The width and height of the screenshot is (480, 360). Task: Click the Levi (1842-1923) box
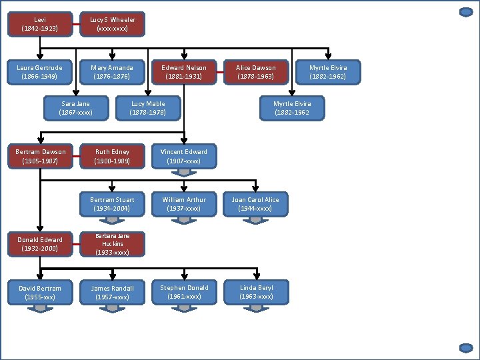(x=40, y=25)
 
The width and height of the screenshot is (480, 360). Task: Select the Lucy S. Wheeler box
(x=112, y=25)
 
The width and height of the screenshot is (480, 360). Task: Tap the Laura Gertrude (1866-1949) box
(x=40, y=73)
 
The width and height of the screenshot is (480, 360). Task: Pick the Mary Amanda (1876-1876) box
(x=112, y=73)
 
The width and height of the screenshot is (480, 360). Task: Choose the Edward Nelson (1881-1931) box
(x=184, y=73)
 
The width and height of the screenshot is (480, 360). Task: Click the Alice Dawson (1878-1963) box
(x=256, y=73)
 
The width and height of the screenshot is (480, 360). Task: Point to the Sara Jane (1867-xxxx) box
(x=76, y=109)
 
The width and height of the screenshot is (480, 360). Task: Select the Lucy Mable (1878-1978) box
(x=148, y=109)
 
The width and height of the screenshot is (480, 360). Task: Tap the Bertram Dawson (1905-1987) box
(x=40, y=157)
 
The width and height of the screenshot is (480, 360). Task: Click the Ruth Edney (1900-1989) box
(x=112, y=157)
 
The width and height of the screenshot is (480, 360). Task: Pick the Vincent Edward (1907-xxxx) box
(x=184, y=157)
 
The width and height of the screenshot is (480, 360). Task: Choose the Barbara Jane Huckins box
(x=112, y=244)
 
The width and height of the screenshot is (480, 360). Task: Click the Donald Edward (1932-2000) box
(x=40, y=244)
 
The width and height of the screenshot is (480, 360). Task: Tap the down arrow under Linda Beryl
(x=256, y=307)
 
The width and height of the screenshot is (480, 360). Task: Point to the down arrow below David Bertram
(x=40, y=307)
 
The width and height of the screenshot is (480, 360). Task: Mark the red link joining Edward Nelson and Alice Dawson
(x=220, y=73)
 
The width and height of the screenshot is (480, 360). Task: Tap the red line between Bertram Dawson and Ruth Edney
(x=76, y=157)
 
